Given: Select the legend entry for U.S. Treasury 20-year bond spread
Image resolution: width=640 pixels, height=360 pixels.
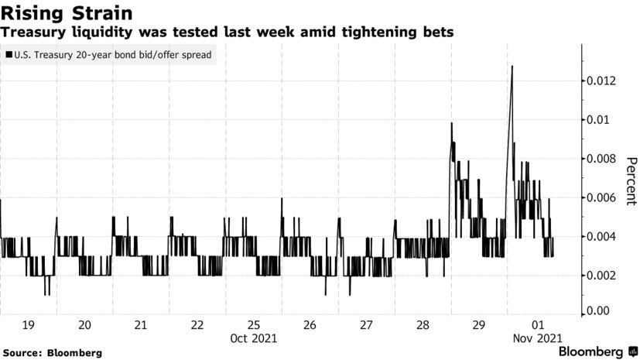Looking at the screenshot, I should [x=109, y=55].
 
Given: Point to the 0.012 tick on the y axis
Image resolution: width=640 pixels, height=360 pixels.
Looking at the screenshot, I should [x=600, y=81].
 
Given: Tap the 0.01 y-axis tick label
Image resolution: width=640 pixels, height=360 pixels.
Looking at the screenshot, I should [x=597, y=120].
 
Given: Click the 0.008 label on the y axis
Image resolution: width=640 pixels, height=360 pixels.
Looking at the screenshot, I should [x=600, y=159].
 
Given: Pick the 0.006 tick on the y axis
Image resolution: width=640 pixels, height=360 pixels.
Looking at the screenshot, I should [x=600, y=198].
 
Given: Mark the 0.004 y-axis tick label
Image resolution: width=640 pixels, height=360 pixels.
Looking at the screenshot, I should [x=600, y=237].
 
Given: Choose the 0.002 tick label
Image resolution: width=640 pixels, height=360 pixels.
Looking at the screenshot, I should [x=600, y=276].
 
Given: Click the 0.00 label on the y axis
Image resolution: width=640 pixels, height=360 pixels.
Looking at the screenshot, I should [x=597, y=310].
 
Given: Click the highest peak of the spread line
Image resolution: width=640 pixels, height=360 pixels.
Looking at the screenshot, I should [x=512, y=67].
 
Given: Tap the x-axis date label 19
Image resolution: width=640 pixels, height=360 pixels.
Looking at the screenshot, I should [x=28, y=325].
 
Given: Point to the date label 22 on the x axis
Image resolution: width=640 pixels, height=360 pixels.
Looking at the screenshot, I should [x=197, y=325].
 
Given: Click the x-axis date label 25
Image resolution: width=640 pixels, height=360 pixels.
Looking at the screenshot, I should [x=254, y=325].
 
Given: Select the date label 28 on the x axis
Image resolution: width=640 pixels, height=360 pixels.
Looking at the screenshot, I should [x=423, y=325].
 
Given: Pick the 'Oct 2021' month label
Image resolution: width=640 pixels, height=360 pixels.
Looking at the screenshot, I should [x=254, y=338].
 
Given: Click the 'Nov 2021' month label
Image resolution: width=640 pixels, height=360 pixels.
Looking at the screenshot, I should [x=536, y=338].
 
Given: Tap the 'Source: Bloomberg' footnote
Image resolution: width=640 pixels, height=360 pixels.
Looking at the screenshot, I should [x=52, y=353].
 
